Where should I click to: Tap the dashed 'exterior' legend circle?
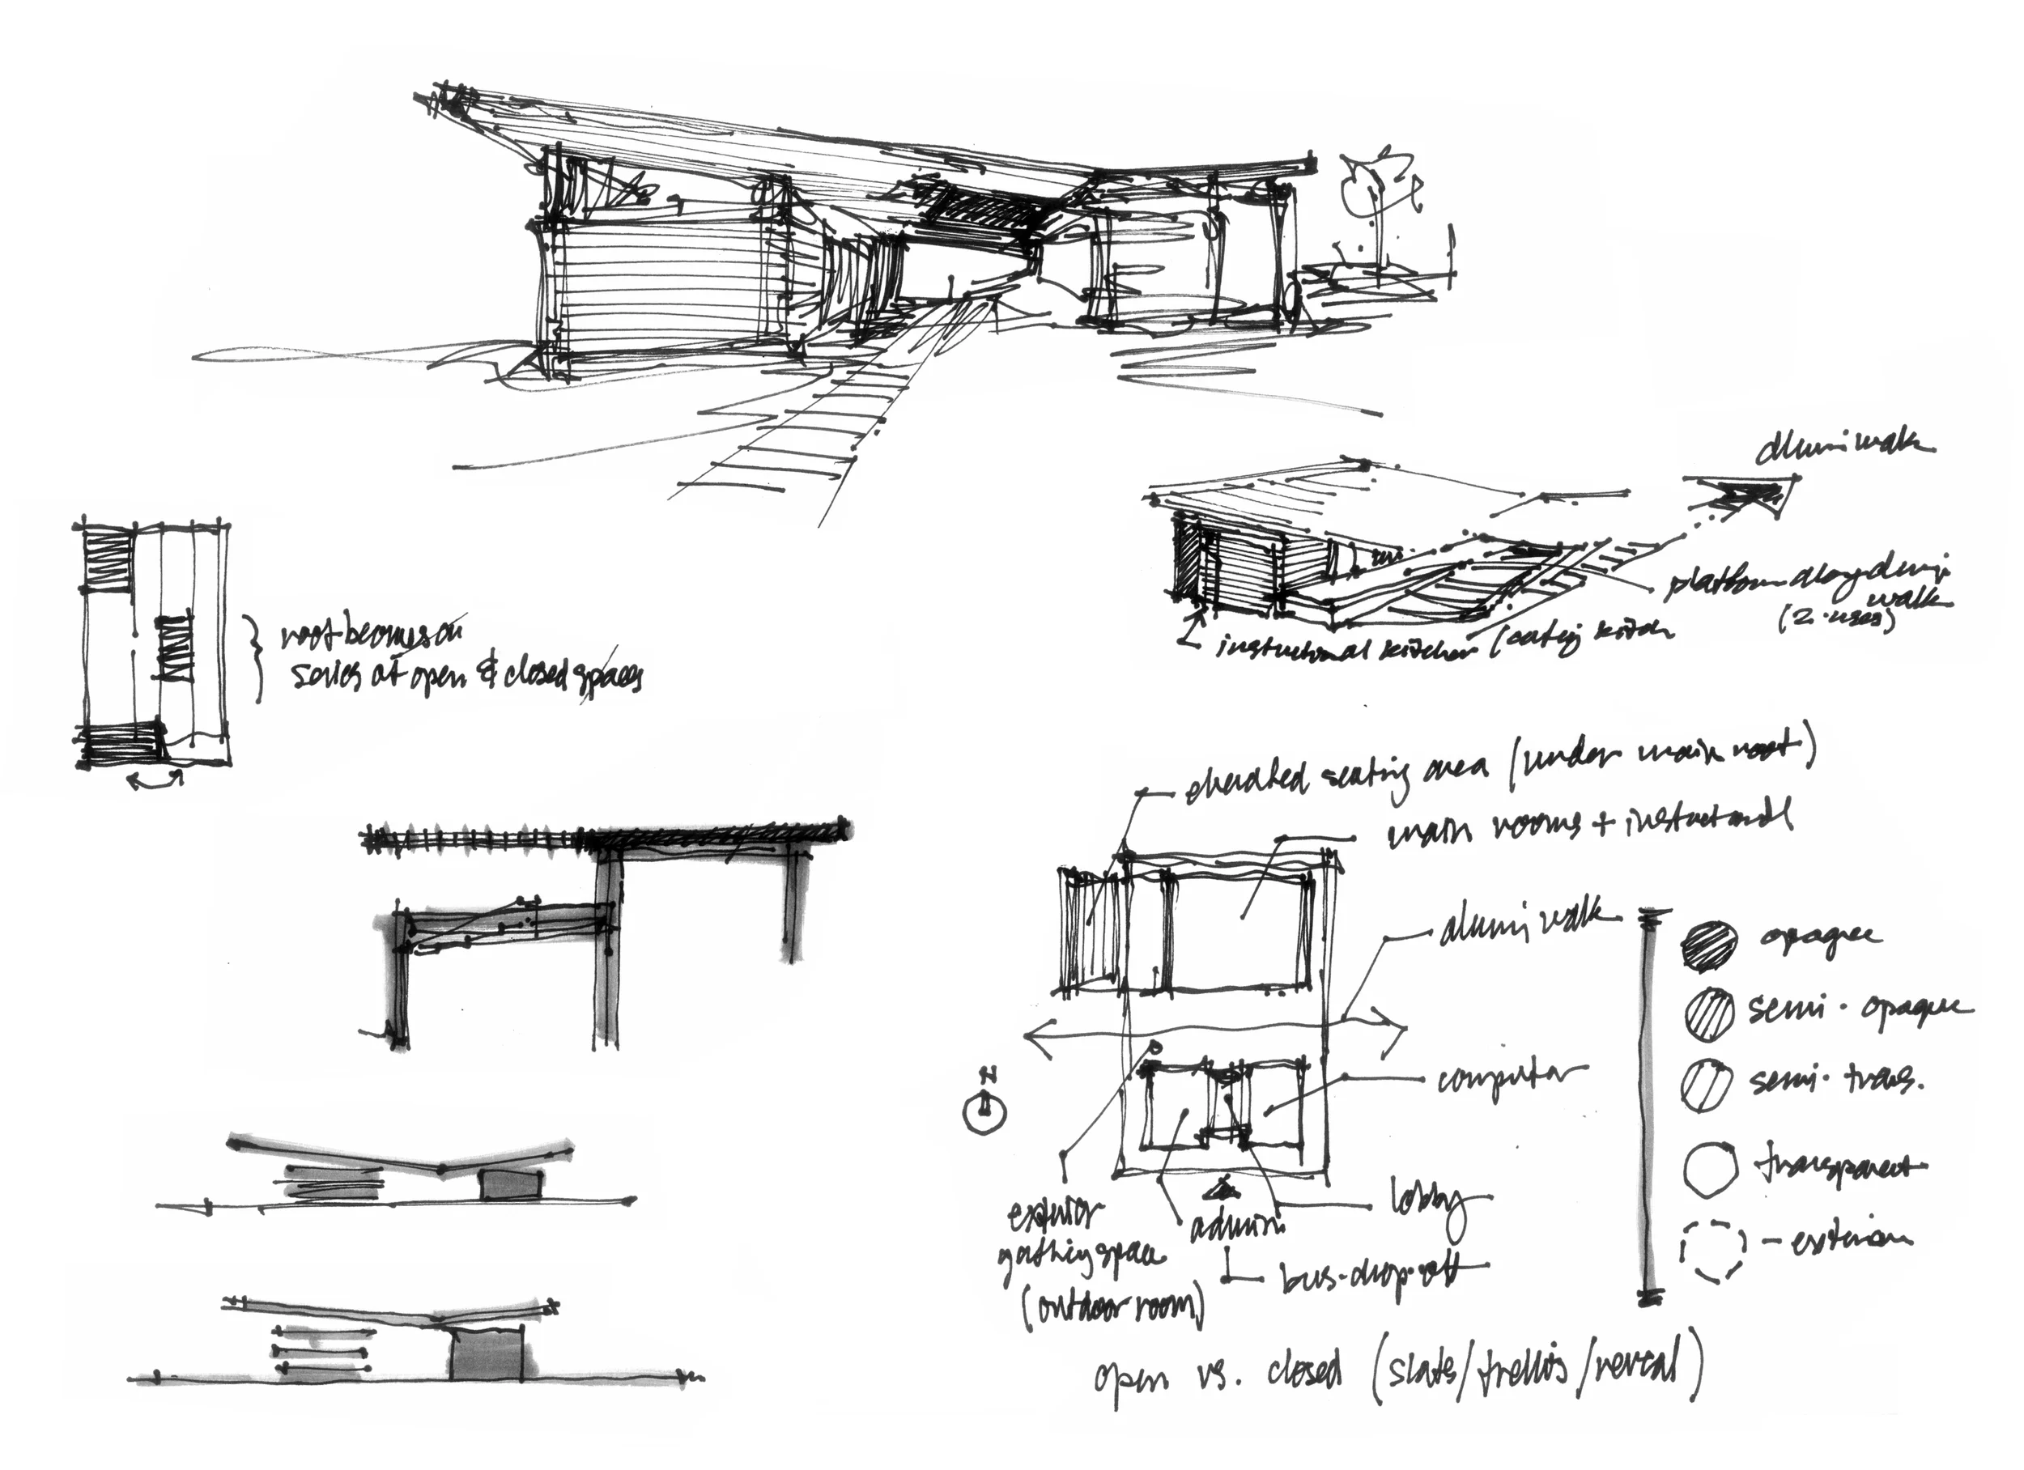click(x=1712, y=1251)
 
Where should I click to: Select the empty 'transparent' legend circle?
click(x=1711, y=1168)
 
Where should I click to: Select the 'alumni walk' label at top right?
click(x=1843, y=446)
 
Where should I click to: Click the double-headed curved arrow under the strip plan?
click(x=156, y=781)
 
